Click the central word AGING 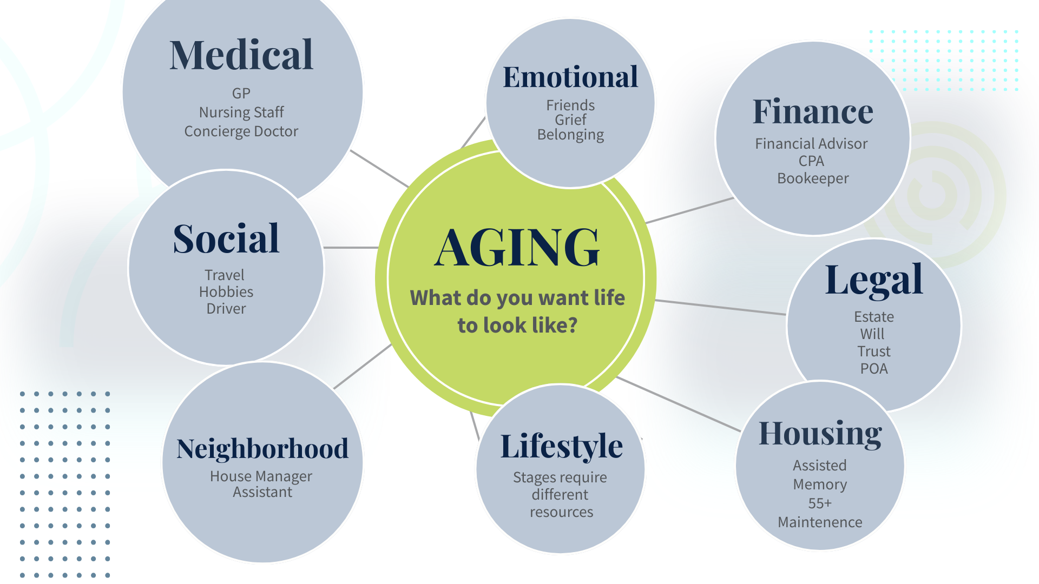click(517, 248)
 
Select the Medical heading click(241, 55)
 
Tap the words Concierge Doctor click(241, 131)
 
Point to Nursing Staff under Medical click(241, 112)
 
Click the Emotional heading click(570, 77)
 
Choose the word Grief click(570, 120)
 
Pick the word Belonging click(570, 135)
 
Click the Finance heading click(813, 111)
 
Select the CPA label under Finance click(811, 161)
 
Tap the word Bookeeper click(813, 178)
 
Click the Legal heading click(874, 280)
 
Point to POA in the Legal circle click(874, 369)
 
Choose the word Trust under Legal click(874, 351)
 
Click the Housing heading click(820, 434)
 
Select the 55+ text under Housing click(820, 503)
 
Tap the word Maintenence click(820, 522)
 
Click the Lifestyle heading click(562, 447)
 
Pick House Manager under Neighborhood click(261, 476)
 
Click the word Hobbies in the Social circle click(226, 292)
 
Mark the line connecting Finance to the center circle click(689, 210)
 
